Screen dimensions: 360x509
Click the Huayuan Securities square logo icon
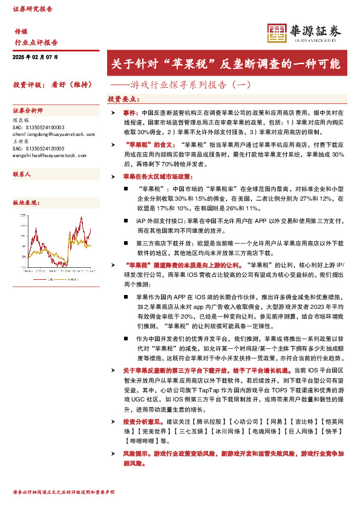coord(277,33)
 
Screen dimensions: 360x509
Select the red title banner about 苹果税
coord(226,63)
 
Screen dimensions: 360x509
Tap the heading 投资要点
coord(123,99)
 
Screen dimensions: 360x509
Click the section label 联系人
coord(22,174)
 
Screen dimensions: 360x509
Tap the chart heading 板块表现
coord(27,203)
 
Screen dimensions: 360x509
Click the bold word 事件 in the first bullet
coord(129,113)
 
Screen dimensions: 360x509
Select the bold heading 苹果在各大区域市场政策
coord(157,177)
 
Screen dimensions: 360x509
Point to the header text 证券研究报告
coord(33,9)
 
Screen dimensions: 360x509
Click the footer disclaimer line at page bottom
coord(64,493)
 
